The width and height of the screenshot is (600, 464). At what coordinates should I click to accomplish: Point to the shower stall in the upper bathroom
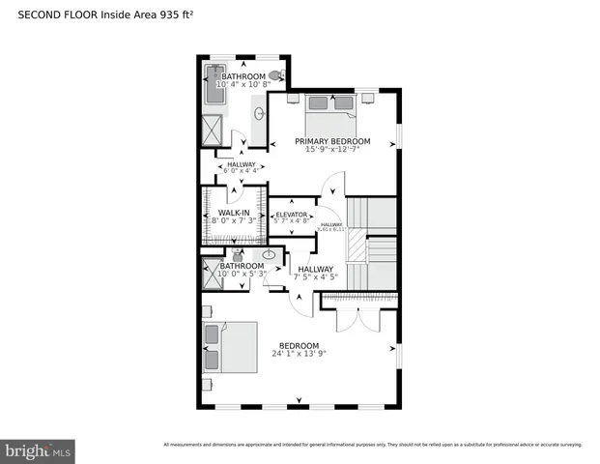[212, 128]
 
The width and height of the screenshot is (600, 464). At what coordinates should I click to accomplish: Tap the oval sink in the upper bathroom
[259, 114]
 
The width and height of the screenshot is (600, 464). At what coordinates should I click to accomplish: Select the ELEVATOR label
[291, 215]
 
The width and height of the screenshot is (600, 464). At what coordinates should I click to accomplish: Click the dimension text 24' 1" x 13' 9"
[299, 355]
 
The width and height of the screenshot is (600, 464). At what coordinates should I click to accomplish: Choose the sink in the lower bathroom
[270, 256]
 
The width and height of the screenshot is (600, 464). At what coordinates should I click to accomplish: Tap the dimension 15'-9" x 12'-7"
[331, 150]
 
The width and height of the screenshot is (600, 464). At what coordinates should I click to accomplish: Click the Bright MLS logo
[38, 450]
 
